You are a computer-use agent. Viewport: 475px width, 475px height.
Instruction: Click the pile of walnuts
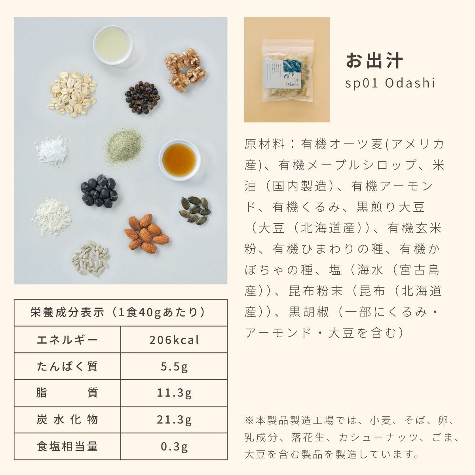(185, 70)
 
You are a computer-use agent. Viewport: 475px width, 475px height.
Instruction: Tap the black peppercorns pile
(142, 97)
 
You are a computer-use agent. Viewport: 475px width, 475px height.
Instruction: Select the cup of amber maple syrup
(179, 160)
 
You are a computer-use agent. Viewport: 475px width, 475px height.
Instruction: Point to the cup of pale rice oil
(113, 45)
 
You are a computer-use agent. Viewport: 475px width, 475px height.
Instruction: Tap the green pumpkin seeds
(195, 210)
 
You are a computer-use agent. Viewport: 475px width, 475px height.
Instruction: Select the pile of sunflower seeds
(91, 258)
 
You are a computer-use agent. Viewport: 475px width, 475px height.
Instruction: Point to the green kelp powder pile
(124, 145)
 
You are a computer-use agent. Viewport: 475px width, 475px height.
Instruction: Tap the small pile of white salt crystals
(52, 150)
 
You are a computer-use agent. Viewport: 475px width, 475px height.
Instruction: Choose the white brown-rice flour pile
(52, 217)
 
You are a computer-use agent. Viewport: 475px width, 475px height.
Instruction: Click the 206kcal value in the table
(174, 340)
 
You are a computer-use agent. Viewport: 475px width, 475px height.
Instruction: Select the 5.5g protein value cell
(174, 367)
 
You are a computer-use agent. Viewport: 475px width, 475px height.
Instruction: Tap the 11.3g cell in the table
(174, 393)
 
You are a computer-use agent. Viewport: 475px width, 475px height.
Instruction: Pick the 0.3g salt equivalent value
(174, 446)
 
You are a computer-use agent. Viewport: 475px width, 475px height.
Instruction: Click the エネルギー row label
(67, 340)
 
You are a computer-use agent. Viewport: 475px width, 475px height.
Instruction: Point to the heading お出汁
(374, 61)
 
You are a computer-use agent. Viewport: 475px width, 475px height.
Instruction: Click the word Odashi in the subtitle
(410, 83)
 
